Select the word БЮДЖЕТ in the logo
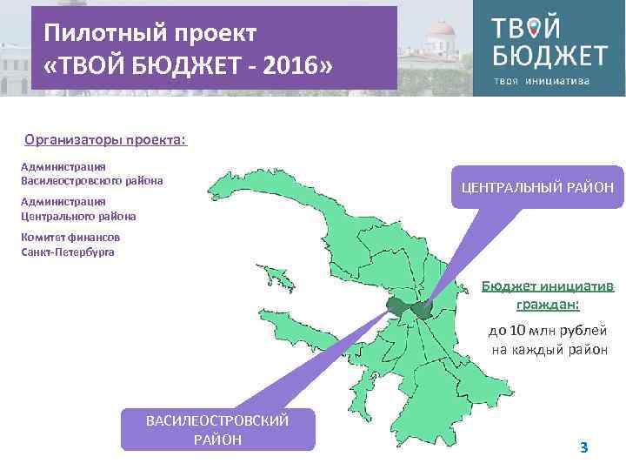(x=549, y=56)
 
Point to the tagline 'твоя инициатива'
(x=541, y=81)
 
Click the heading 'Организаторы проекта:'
(x=105, y=139)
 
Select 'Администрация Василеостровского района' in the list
(x=91, y=173)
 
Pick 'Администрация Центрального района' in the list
(x=78, y=208)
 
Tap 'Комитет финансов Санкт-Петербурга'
(x=70, y=244)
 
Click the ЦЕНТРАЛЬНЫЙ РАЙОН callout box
(x=537, y=187)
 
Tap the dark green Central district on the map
(x=423, y=309)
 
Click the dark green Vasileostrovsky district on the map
(x=396, y=305)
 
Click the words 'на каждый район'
(x=549, y=349)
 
